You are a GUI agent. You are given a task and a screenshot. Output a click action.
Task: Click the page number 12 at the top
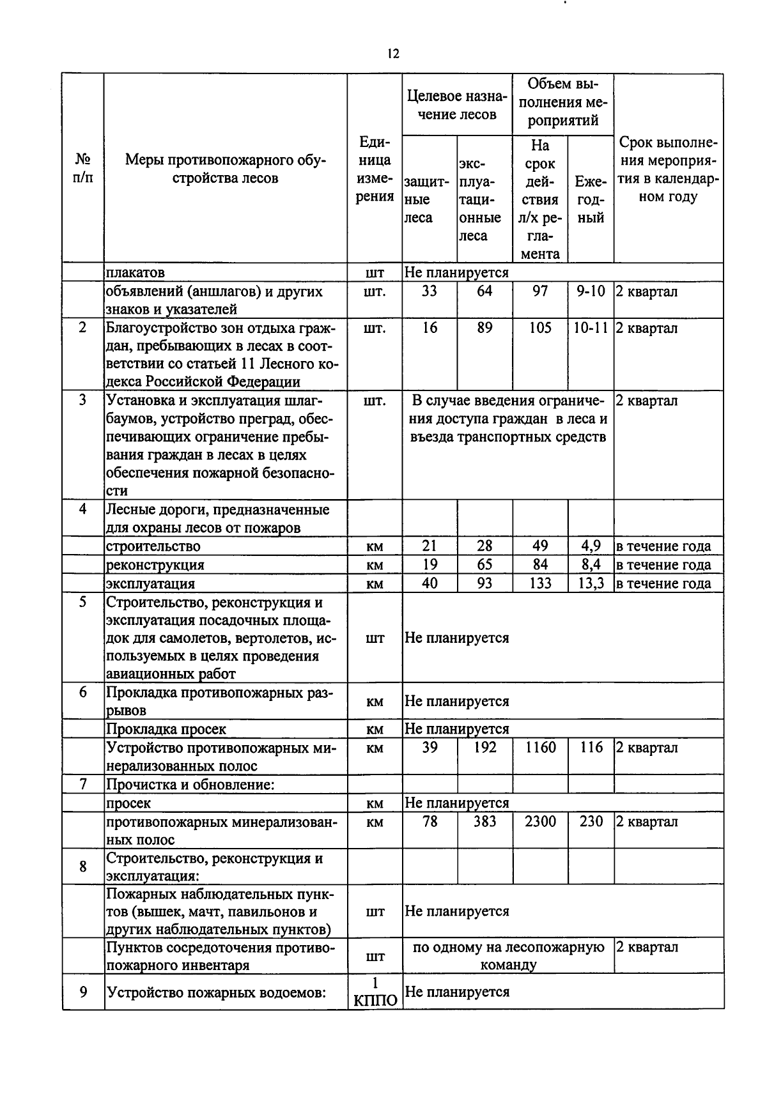393,54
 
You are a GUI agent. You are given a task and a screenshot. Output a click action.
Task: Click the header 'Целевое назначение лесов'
457,105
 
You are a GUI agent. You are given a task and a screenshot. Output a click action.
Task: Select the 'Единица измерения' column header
375,169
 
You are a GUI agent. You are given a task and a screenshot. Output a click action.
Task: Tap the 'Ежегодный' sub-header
591,199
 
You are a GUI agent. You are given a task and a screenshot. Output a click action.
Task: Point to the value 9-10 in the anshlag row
591,291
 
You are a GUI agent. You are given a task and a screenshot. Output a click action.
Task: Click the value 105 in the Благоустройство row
540,328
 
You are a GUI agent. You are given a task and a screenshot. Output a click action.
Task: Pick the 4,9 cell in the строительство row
591,546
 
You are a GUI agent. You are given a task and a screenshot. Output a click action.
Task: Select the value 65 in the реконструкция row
484,565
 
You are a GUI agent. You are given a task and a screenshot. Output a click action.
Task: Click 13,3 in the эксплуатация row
591,583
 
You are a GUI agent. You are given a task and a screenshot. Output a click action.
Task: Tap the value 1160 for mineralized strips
540,748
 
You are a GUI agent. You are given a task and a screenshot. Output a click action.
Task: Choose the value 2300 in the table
540,822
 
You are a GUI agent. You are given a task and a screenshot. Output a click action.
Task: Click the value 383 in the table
484,822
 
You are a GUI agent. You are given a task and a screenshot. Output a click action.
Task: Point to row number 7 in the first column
83,784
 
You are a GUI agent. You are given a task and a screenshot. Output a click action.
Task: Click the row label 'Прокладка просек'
166,729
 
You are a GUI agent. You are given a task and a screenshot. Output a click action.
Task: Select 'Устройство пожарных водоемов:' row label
217,992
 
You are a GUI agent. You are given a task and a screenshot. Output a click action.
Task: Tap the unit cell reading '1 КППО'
375,992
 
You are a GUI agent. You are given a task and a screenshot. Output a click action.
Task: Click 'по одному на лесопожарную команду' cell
508,956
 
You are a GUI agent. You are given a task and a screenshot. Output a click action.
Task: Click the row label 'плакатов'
136,273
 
